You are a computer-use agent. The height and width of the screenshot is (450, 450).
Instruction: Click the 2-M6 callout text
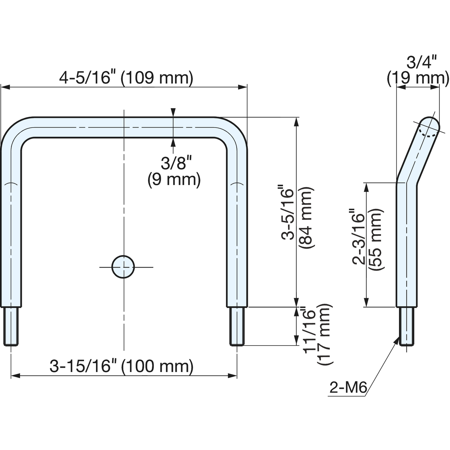[x=348, y=388]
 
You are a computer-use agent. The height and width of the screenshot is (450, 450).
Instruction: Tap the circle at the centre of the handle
[x=123, y=267]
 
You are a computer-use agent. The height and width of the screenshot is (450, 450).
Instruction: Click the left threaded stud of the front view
[x=11, y=326]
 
